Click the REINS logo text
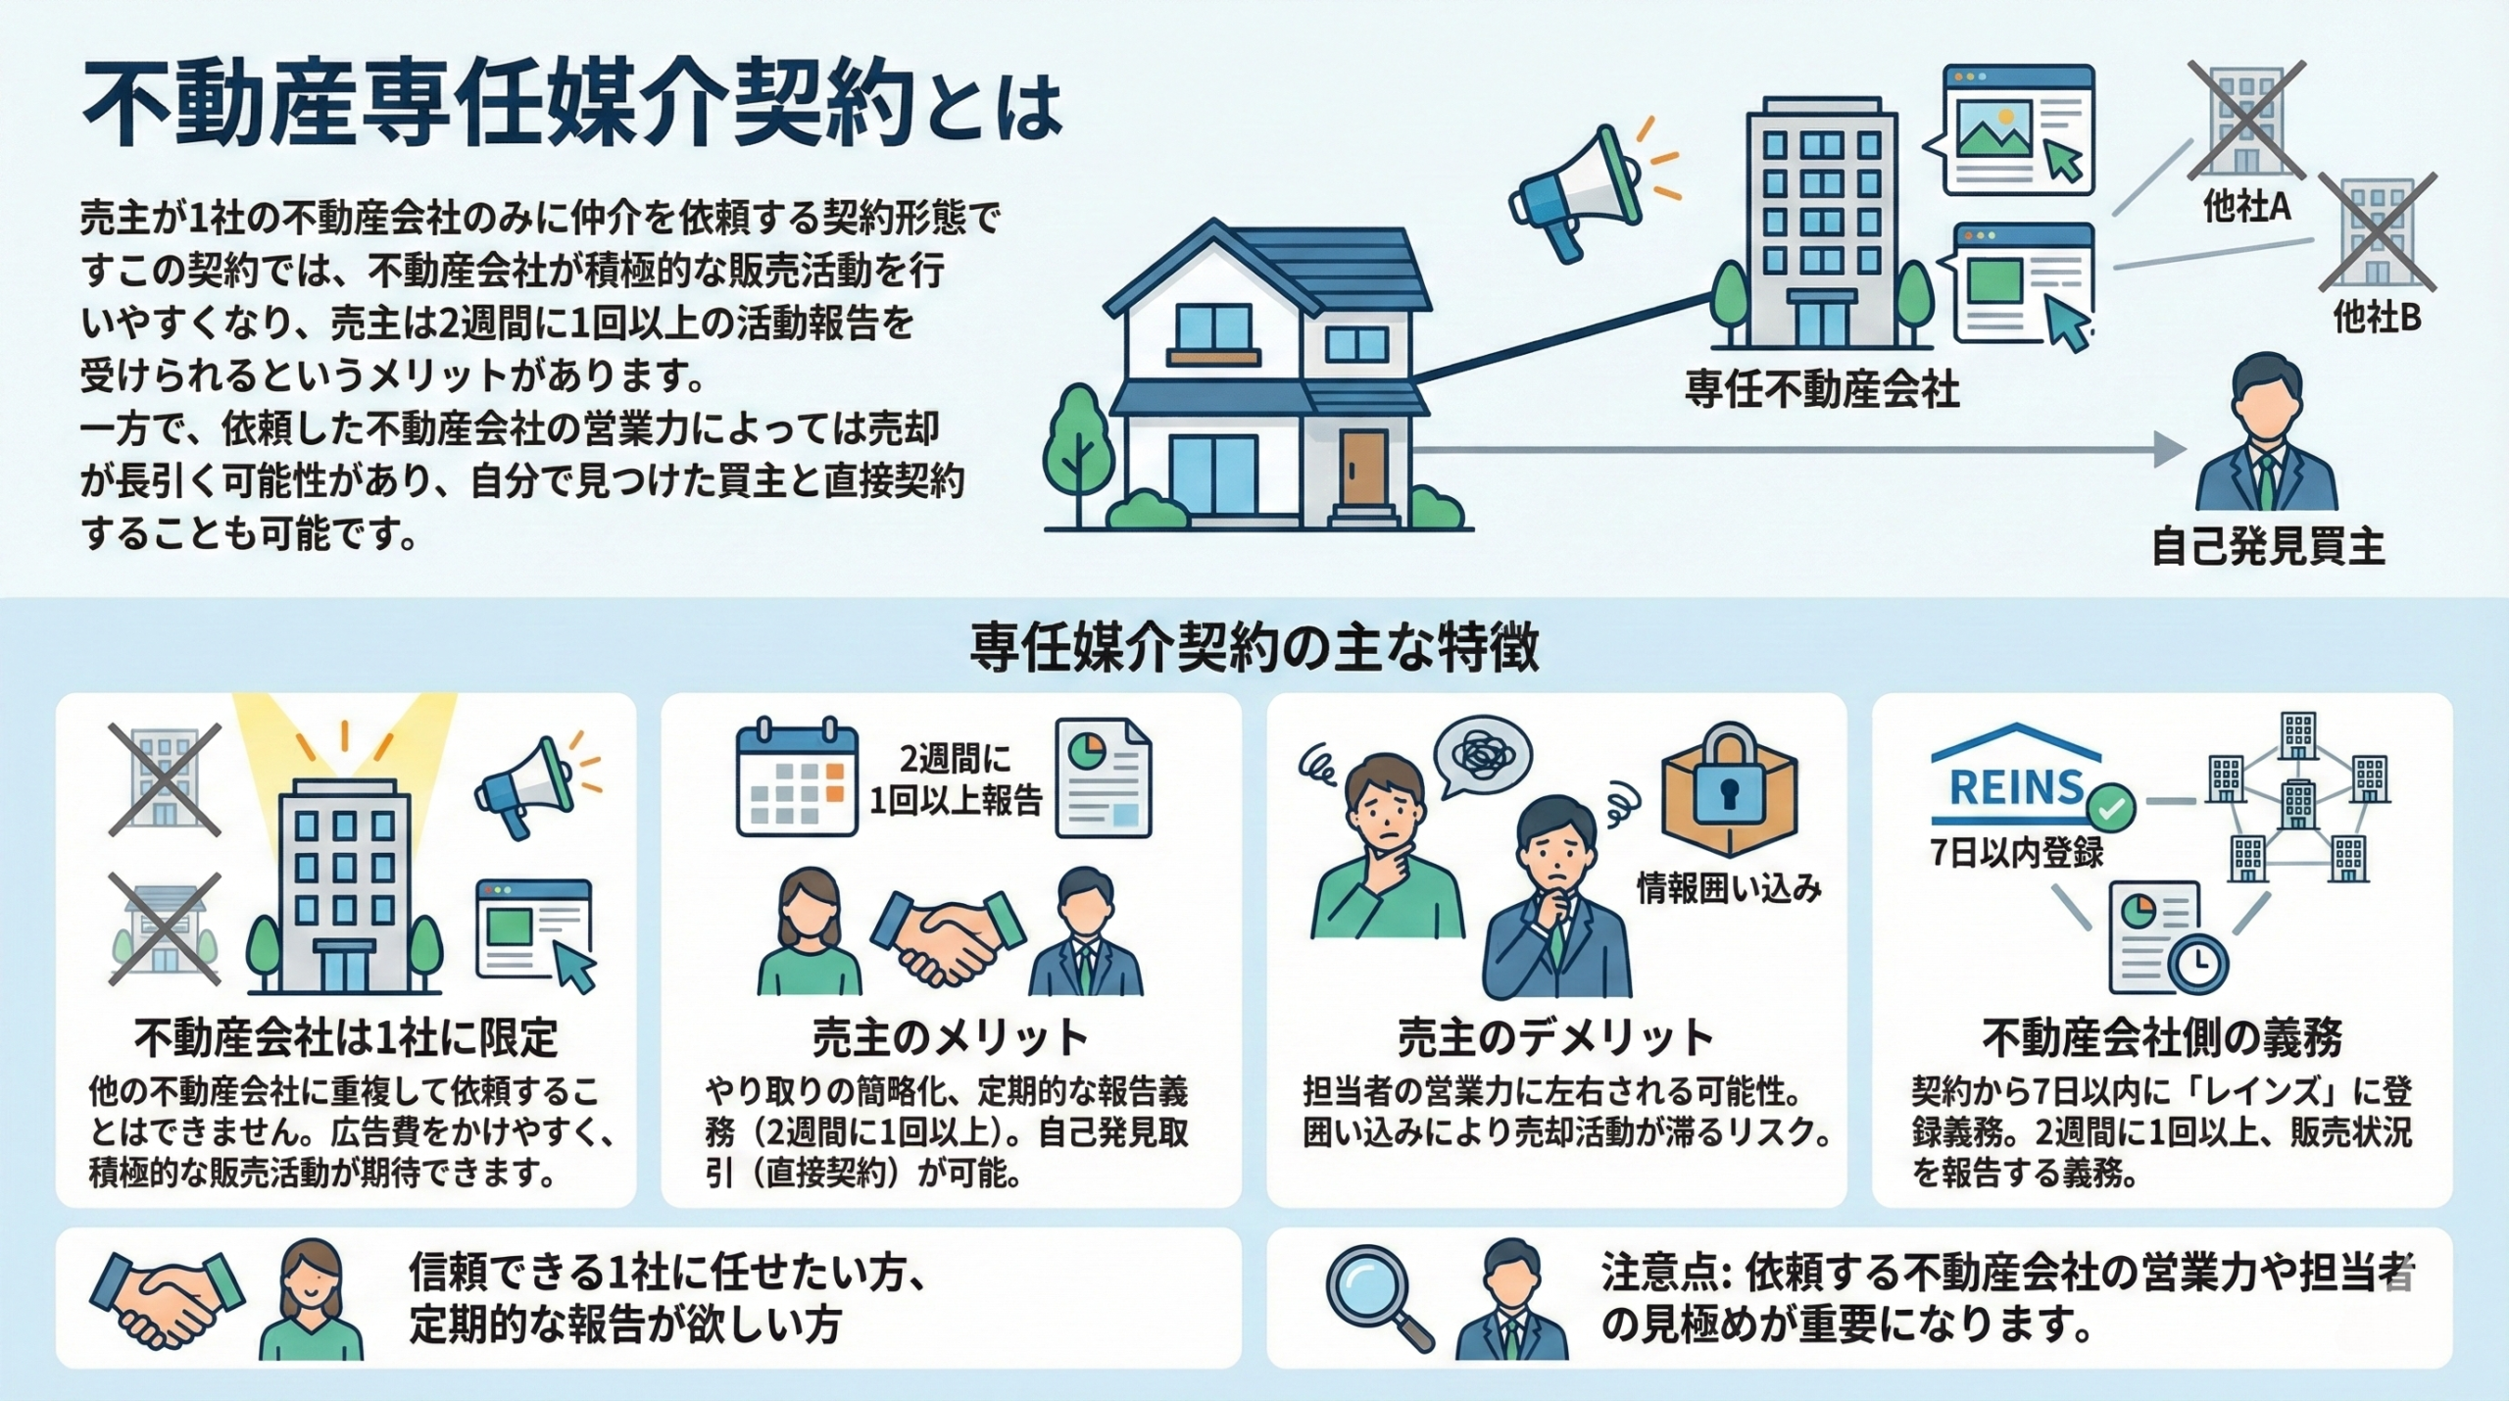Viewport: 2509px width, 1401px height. (x=2015, y=788)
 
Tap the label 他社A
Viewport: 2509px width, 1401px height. (x=2246, y=207)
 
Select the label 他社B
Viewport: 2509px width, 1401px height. (x=2377, y=317)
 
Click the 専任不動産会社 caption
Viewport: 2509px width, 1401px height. (x=1822, y=389)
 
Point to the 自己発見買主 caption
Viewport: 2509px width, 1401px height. (x=2268, y=547)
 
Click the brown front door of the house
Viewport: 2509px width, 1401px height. (x=1364, y=469)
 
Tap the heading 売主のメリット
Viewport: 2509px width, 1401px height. (x=950, y=1038)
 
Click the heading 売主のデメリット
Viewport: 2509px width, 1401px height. (x=1555, y=1038)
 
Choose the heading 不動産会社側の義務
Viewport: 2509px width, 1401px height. (x=2162, y=1038)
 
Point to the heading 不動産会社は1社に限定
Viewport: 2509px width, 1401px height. (x=346, y=1038)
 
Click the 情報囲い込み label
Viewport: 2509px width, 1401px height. (x=1729, y=889)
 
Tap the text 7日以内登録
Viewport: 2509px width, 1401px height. (x=2017, y=853)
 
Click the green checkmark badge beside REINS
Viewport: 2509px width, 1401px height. (x=2110, y=808)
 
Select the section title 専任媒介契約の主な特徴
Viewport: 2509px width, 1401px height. (x=1254, y=648)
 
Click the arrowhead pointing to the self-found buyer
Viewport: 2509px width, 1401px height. (x=2169, y=450)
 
